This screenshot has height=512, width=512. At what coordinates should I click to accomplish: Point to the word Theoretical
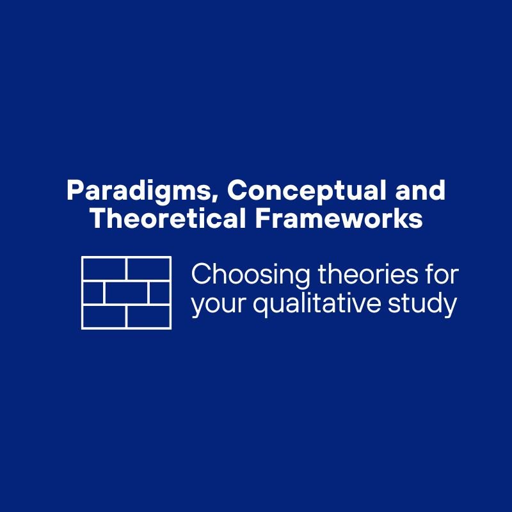167,219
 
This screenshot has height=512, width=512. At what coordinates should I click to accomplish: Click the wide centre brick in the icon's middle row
126,293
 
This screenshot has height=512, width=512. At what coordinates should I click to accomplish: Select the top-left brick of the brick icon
104,269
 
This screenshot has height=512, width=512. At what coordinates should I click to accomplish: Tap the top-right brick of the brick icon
148,269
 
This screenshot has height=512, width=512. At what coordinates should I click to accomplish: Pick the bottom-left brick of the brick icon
104,316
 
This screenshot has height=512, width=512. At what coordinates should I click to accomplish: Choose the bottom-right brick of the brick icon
148,316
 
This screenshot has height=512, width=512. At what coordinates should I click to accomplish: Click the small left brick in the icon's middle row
93,293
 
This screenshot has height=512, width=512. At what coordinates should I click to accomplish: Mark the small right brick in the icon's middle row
159,293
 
